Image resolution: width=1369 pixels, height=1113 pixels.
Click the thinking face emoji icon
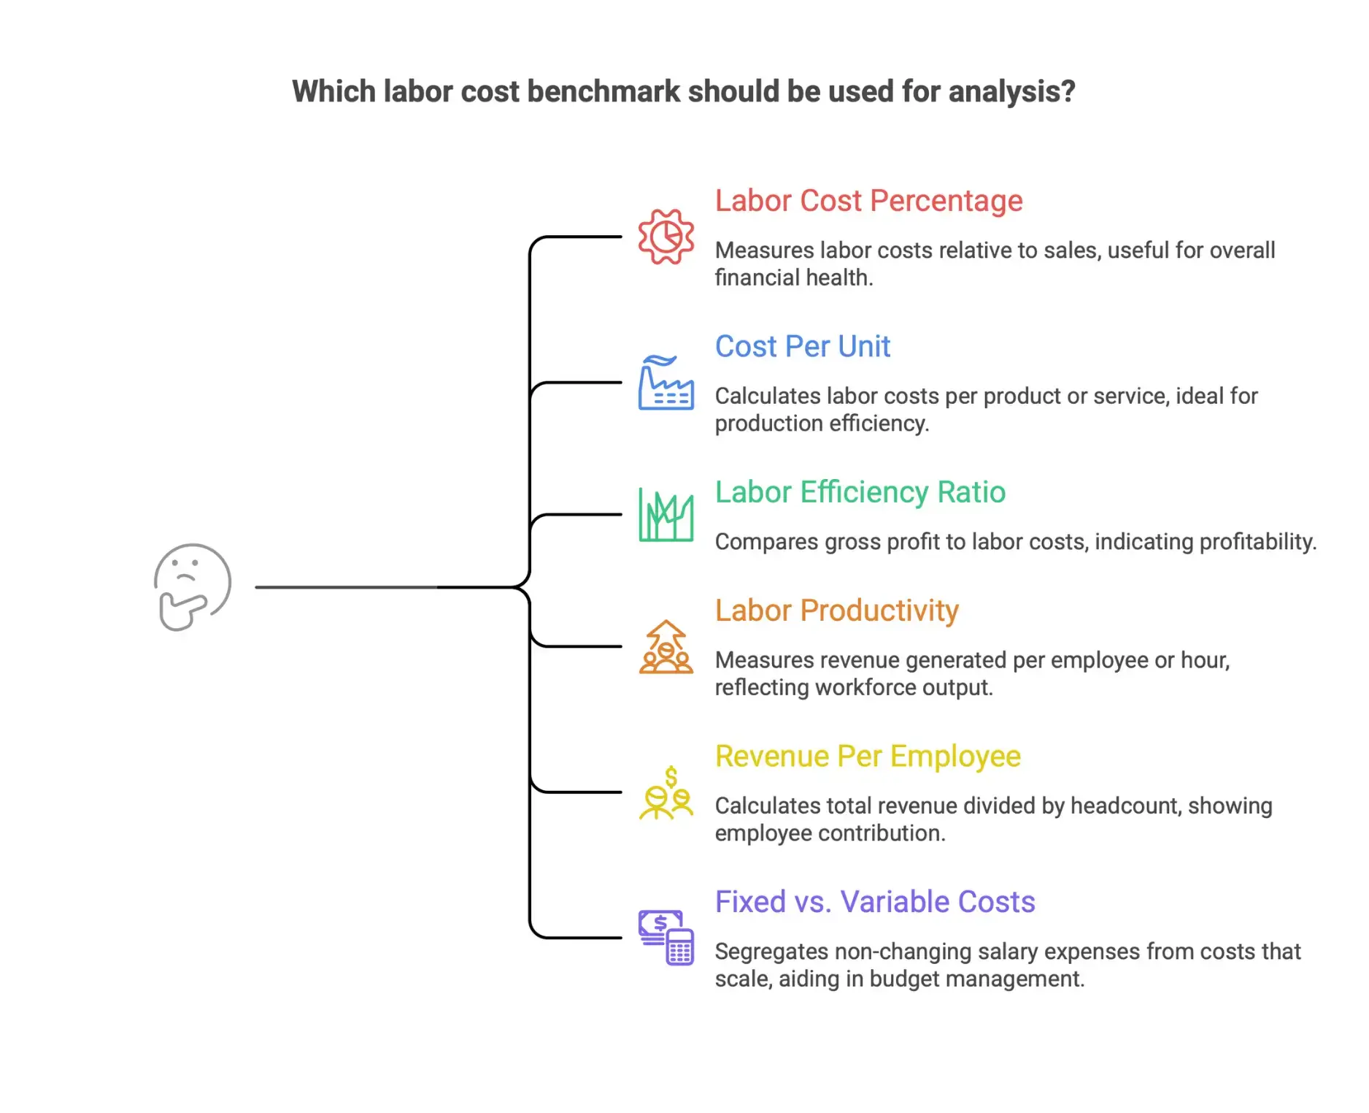click(x=193, y=586)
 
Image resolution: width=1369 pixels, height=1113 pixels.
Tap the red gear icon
click(x=666, y=237)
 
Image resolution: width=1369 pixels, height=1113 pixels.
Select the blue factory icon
click(x=666, y=383)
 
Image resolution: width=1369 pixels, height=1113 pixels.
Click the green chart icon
click(x=666, y=515)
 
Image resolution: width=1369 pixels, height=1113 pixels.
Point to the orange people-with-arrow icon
click(x=666, y=647)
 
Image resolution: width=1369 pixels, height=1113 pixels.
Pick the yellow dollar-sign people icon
click(x=666, y=793)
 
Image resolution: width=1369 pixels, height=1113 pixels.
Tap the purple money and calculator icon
click(x=666, y=938)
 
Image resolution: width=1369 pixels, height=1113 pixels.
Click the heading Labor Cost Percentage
click(x=868, y=201)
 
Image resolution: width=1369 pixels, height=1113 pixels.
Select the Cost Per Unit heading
click(x=802, y=346)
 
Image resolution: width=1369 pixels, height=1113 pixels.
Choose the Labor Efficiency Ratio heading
click(x=860, y=492)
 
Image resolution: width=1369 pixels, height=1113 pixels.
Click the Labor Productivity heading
click(x=836, y=611)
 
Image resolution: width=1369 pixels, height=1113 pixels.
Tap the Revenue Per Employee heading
click(x=867, y=757)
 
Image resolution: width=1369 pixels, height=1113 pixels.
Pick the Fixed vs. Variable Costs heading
click(x=874, y=902)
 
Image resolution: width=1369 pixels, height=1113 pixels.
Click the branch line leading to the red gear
click(x=576, y=237)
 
